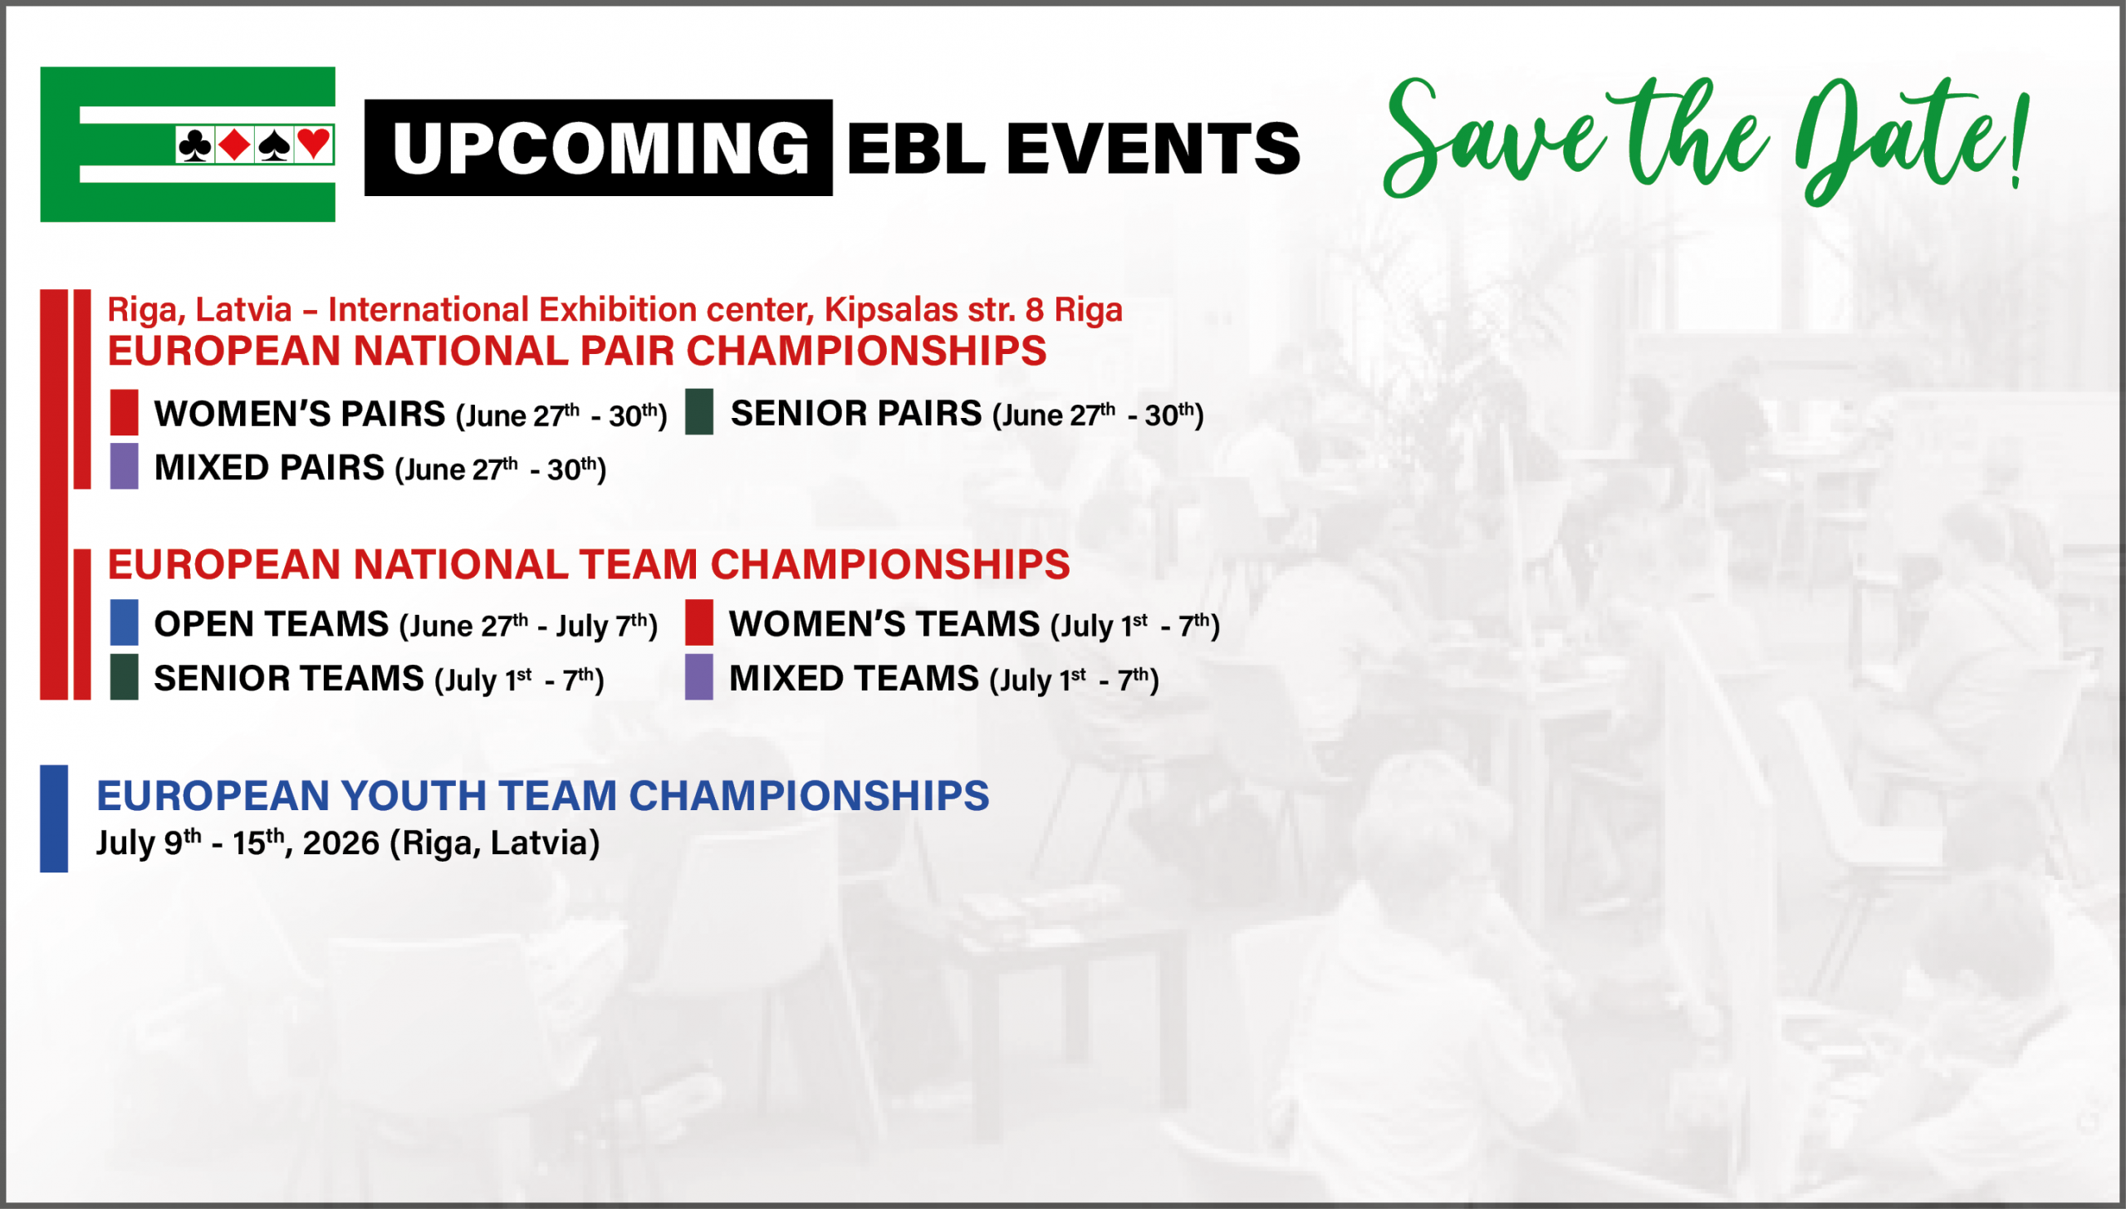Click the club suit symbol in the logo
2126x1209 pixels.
[x=195, y=145]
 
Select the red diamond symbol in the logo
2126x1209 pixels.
[x=235, y=145]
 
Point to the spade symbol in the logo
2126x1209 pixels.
[x=275, y=145]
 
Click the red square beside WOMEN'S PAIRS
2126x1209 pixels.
[x=125, y=412]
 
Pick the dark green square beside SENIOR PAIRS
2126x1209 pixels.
[x=699, y=411]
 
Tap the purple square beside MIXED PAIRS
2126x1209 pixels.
[x=125, y=466]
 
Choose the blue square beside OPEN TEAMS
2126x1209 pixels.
[x=125, y=622]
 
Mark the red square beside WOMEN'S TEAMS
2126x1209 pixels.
[x=699, y=622]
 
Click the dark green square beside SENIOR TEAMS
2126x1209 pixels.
[x=125, y=677]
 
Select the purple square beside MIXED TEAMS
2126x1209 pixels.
[x=699, y=677]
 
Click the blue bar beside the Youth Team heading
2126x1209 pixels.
[x=54, y=818]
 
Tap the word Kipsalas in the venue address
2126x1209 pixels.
[x=891, y=310]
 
